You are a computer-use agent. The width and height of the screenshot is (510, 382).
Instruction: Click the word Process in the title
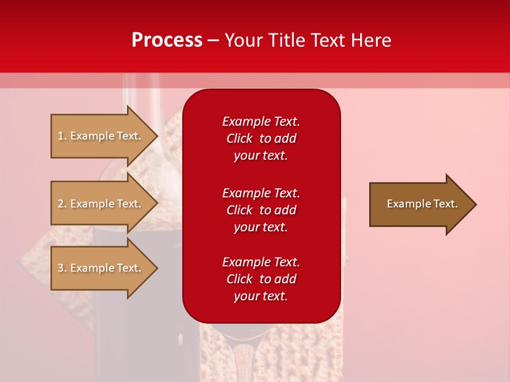(x=167, y=40)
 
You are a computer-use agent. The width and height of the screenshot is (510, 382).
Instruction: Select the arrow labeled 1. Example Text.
(x=101, y=136)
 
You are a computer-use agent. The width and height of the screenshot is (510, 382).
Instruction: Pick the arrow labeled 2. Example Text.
(x=101, y=204)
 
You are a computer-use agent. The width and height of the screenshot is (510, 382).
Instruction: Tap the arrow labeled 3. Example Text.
(x=101, y=268)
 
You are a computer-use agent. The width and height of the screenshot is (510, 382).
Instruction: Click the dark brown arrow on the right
(x=420, y=204)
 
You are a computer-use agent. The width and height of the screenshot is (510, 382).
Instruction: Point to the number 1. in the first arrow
(x=62, y=136)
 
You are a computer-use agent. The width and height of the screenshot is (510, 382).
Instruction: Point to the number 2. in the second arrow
(x=62, y=204)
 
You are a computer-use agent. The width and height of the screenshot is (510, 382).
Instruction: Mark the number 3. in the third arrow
(x=62, y=268)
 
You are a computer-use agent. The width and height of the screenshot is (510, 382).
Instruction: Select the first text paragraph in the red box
(x=261, y=138)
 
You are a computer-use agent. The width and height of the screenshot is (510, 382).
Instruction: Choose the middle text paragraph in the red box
(x=261, y=210)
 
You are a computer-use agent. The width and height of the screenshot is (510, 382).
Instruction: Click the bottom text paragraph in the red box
(x=261, y=279)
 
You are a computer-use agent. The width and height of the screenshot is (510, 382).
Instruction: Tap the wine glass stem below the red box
(x=244, y=361)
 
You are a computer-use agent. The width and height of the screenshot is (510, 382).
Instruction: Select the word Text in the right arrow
(x=445, y=204)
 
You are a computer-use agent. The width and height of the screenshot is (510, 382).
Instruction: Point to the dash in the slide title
(x=213, y=40)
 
